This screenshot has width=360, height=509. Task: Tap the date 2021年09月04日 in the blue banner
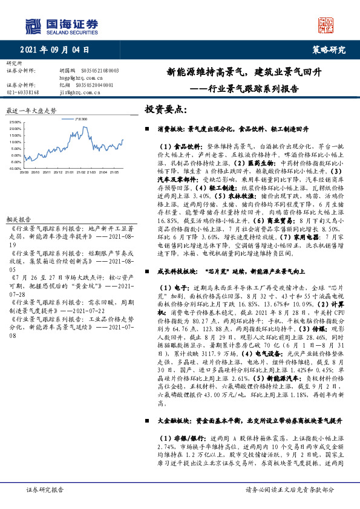click(x=59, y=50)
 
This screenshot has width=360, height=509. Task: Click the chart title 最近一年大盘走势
click(x=31, y=111)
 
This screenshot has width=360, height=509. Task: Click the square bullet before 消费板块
click(x=147, y=129)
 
